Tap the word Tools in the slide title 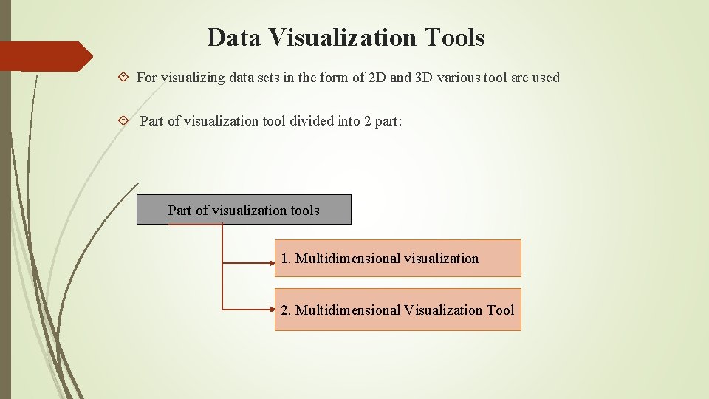[x=455, y=37]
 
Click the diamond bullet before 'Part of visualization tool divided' [x=123, y=120]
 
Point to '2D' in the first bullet [x=376, y=77]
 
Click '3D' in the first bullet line [x=424, y=77]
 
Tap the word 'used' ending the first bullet [x=546, y=77]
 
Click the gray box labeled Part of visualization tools [x=244, y=210]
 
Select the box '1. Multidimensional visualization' [x=397, y=259]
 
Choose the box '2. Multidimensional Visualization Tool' [x=397, y=310]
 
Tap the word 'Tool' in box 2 [x=500, y=310]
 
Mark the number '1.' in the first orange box [x=286, y=259]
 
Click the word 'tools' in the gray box [x=305, y=211]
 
